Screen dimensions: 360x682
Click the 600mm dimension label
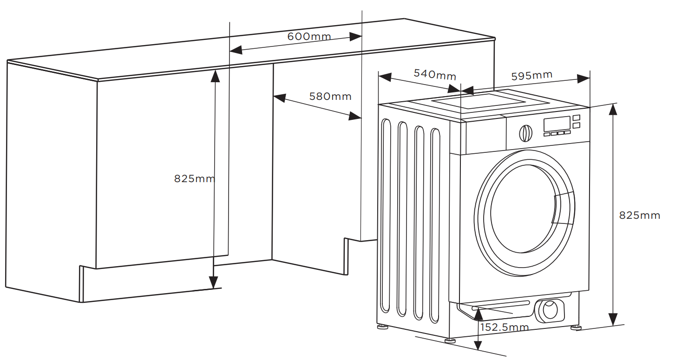click(x=309, y=36)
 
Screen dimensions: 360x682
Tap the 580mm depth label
click(x=330, y=97)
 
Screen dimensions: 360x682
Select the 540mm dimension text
click(x=435, y=74)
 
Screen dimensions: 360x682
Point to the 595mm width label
click(x=532, y=75)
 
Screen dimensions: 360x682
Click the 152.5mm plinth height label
click(x=505, y=327)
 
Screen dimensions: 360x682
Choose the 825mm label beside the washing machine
click(x=640, y=216)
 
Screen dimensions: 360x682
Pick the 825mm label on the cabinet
click(x=195, y=178)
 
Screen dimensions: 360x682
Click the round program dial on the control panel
click(x=525, y=133)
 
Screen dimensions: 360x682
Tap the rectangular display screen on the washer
click(x=557, y=124)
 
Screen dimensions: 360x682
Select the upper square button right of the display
click(x=577, y=118)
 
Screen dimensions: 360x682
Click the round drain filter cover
click(x=551, y=310)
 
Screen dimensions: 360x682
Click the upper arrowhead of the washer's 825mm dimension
click(x=613, y=109)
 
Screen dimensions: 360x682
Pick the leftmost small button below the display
click(x=547, y=134)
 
